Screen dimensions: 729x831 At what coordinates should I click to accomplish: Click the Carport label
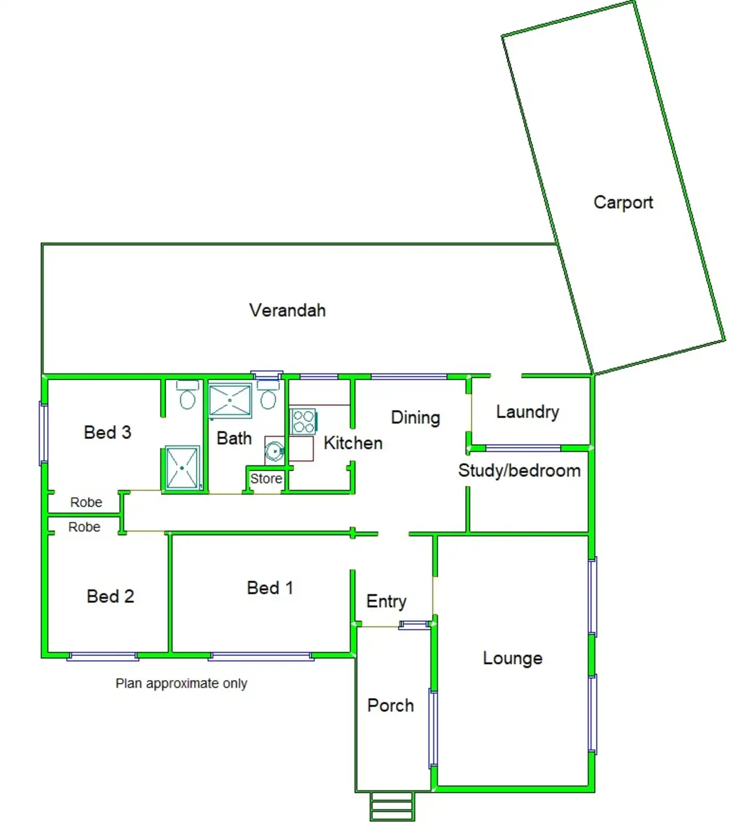(623, 203)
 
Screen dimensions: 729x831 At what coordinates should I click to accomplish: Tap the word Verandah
(287, 310)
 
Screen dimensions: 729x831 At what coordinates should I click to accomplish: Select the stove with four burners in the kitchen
(304, 421)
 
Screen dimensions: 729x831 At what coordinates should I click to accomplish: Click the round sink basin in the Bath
(274, 452)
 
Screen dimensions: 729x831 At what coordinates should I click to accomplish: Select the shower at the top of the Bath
(230, 400)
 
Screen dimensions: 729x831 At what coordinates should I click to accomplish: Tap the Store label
(266, 479)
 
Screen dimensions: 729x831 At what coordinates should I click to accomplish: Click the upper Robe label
(86, 502)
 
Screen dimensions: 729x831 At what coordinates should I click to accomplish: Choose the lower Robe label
(84, 527)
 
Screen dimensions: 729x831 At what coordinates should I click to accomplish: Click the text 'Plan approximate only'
(181, 684)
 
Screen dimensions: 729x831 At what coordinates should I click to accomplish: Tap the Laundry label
(527, 412)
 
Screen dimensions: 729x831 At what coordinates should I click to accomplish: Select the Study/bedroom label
(519, 470)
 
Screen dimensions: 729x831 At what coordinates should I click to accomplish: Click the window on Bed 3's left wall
(43, 433)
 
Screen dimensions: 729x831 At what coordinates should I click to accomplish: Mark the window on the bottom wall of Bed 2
(103, 657)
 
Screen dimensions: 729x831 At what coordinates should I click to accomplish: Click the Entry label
(386, 602)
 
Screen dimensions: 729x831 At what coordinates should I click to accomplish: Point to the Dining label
(415, 418)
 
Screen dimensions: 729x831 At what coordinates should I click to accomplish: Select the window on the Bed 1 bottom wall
(261, 657)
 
